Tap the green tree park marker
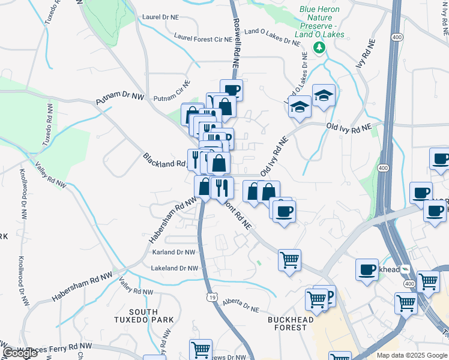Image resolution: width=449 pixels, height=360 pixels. pos(320,47)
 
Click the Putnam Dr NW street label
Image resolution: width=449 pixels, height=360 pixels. pos(121,98)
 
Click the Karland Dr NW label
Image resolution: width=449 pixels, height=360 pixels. pos(174,253)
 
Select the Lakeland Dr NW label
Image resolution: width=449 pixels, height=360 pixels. pos(174,268)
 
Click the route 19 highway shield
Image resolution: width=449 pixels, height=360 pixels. pos(212,296)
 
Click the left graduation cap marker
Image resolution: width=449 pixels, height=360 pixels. pos(300,107)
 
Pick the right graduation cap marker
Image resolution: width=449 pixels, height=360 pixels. pos(324,95)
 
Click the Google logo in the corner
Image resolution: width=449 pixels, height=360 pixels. pos(20,353)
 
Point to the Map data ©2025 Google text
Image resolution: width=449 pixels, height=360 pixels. pos(412,355)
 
